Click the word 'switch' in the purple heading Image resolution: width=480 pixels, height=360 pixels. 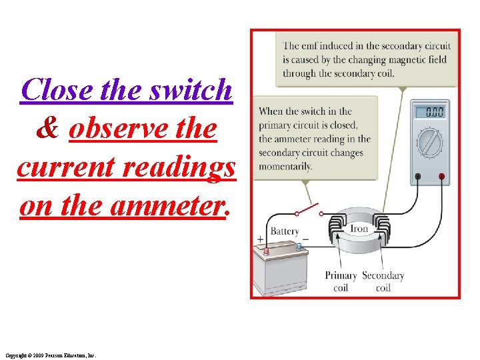pos(193,90)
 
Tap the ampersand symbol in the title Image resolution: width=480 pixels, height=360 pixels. pos(47,128)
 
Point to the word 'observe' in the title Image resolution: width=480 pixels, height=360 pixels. pos(115,128)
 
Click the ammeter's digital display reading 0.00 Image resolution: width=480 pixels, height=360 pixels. pos(435,111)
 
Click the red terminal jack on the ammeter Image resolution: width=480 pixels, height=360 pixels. pos(441,177)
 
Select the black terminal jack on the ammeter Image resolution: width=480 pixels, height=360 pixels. pos(417,177)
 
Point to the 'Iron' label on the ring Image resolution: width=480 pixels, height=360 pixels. pos(359,228)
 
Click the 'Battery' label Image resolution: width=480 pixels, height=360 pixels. pos(285,231)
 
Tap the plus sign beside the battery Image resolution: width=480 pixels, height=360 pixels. pos(260,239)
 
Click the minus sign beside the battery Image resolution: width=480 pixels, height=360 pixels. pos(305,239)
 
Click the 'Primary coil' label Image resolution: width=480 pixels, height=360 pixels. pos(341,281)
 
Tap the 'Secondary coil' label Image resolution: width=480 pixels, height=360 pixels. pos(383,281)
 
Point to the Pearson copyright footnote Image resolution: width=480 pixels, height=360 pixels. pos(51,355)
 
